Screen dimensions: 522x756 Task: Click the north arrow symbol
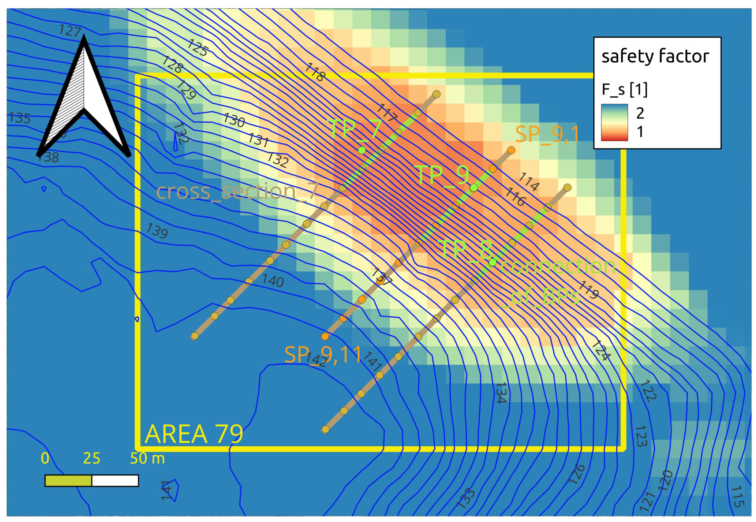click(84, 98)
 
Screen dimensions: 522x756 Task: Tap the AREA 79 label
click(194, 434)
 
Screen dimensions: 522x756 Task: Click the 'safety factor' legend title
click(655, 56)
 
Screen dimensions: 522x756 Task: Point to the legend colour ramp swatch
click(614, 122)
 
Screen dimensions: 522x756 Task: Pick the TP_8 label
click(466, 249)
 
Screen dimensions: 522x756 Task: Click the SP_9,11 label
click(323, 354)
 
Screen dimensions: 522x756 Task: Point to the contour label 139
click(157, 230)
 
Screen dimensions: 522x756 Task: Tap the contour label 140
click(273, 281)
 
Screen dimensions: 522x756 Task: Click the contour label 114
click(529, 181)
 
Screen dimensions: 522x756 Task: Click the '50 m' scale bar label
click(147, 459)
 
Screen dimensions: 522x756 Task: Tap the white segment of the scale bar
click(115, 480)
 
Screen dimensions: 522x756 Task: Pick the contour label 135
click(20, 118)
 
